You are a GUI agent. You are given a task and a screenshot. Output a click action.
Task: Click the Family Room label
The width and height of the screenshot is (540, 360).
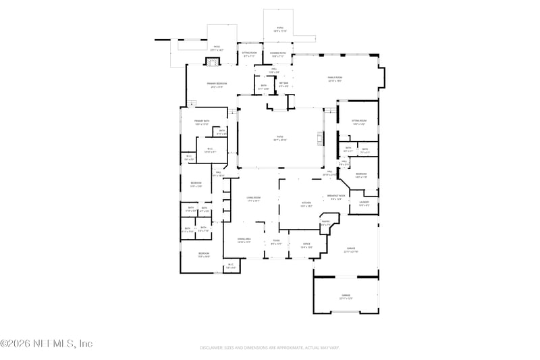point(335,78)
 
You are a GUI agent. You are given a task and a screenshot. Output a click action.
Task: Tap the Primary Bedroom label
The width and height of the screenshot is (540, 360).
point(217,84)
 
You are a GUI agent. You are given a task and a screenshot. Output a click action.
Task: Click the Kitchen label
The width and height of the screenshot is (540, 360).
point(305,203)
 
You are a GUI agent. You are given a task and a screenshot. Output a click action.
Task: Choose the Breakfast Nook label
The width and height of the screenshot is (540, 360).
point(336,197)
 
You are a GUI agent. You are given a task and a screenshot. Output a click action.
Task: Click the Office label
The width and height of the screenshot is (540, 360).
point(306,245)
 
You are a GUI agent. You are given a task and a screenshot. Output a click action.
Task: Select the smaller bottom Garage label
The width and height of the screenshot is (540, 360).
point(346,296)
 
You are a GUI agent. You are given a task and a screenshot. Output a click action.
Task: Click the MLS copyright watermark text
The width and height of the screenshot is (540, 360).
point(47,344)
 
